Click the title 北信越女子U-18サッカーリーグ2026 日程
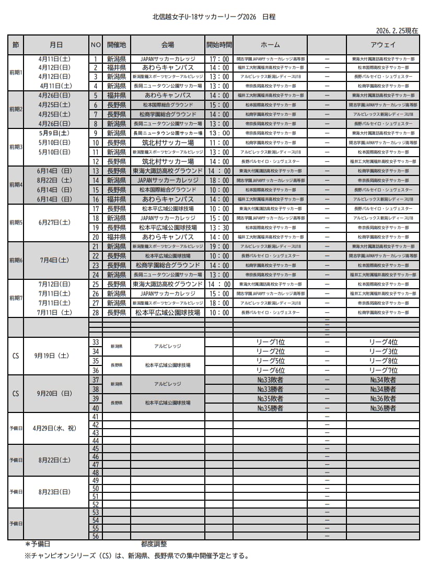214,17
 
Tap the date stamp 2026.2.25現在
397,31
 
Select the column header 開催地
116,45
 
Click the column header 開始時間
219,45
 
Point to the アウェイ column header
382,45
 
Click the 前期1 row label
16,72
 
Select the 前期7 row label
16,298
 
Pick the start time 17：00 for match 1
219,59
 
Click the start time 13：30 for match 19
219,228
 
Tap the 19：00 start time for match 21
219,246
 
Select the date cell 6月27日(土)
54,222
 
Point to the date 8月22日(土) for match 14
54,180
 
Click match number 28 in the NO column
96,312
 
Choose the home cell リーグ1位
270,342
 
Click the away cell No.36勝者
382,408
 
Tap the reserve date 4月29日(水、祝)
54,428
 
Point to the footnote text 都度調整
154,544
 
